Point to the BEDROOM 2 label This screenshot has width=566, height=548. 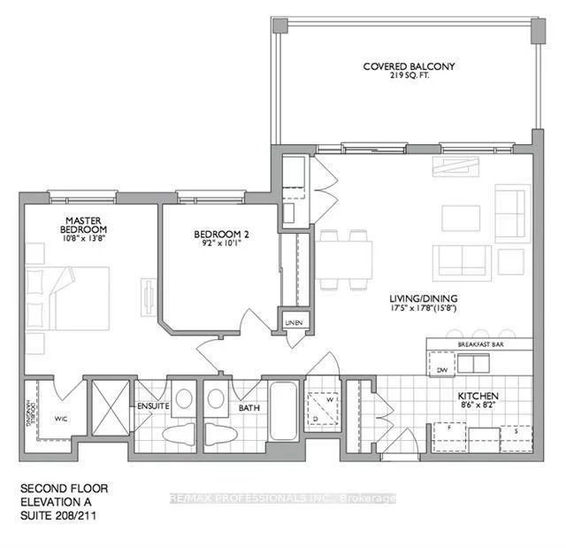tap(218, 235)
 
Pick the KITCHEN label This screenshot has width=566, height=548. tap(478, 396)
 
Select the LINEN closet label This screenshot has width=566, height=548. tap(294, 322)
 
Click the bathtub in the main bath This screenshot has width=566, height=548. tap(285, 412)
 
